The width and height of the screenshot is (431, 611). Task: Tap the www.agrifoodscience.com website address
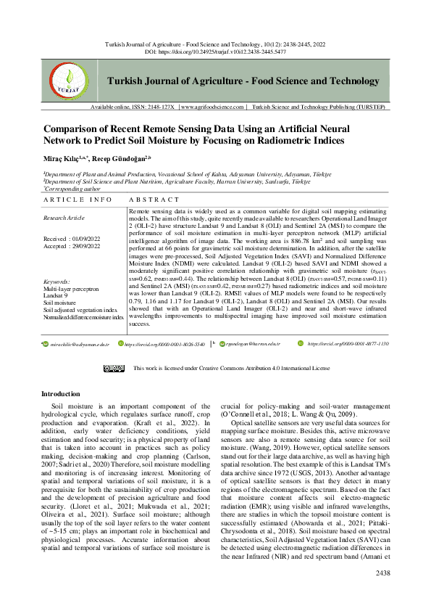213,127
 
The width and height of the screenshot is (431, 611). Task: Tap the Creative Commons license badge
114,368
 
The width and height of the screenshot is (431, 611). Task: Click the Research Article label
64,217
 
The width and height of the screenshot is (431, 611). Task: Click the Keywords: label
57,281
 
